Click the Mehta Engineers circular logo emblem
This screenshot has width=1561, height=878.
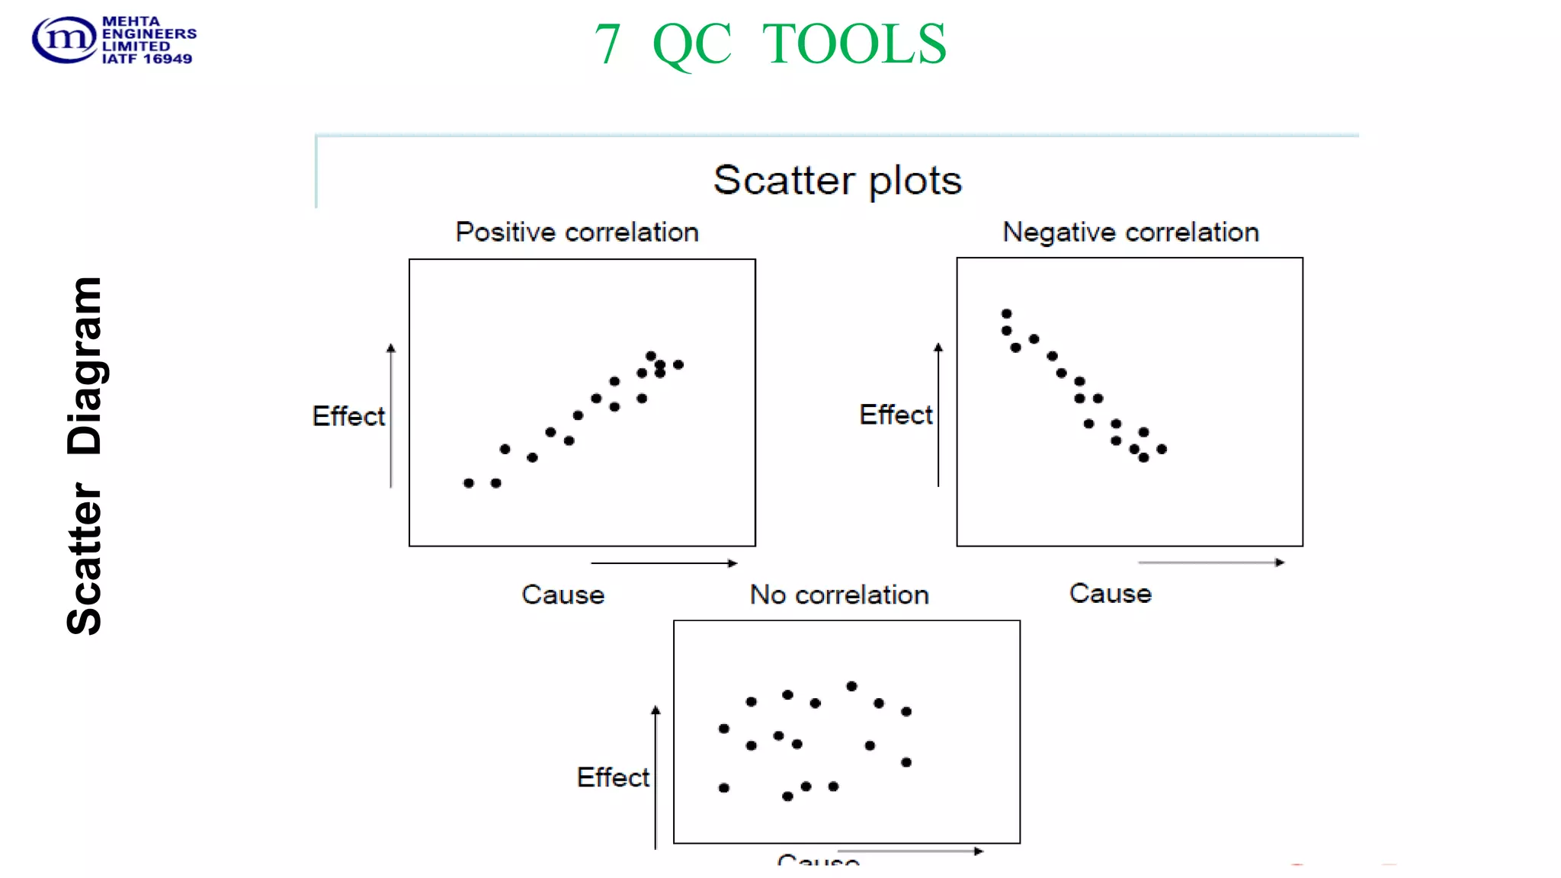click(64, 40)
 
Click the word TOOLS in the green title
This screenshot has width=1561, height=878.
click(854, 44)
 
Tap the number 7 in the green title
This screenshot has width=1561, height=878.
click(607, 44)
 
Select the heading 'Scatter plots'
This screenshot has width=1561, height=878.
click(837, 181)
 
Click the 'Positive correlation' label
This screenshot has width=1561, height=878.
click(577, 232)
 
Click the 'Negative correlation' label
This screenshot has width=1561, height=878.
click(1130, 232)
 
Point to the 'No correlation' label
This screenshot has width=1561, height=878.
click(839, 594)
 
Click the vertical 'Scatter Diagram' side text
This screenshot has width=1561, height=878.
click(85, 456)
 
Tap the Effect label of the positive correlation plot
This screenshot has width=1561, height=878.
click(348, 416)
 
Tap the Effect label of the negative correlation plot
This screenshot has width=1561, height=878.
click(896, 415)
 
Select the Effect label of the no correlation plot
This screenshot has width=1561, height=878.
click(613, 777)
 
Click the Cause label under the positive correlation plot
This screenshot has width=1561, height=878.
click(563, 594)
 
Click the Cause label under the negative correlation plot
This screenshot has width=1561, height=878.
click(1110, 593)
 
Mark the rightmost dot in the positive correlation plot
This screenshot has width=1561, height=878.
click(678, 365)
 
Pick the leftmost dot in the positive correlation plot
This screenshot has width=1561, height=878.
click(469, 483)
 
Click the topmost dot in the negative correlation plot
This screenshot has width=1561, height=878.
click(1006, 314)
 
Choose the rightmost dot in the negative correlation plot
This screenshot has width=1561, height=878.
click(1162, 450)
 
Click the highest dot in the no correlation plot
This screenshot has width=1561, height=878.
click(851, 687)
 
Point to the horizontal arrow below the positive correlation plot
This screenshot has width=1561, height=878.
click(664, 563)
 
